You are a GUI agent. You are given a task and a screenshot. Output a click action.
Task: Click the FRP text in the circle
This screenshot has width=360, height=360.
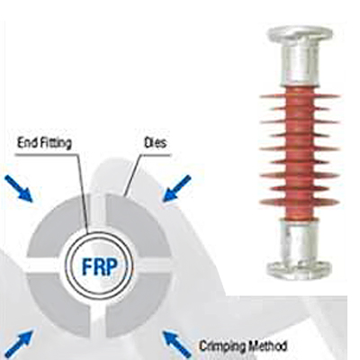(100, 265)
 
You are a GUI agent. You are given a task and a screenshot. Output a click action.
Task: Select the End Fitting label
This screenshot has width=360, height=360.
(44, 143)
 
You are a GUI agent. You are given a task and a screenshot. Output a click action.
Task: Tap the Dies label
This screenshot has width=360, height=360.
(155, 143)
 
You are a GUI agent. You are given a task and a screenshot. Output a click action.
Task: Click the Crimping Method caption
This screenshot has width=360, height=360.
(243, 346)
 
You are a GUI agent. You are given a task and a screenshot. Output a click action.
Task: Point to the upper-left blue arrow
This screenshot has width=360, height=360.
(18, 188)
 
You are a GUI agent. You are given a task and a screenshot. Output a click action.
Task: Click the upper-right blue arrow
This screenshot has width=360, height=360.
(177, 188)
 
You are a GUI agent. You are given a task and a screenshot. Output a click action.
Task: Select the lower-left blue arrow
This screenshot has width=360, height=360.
(20, 343)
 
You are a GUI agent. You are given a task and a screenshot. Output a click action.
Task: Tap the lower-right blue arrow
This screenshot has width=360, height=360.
(177, 345)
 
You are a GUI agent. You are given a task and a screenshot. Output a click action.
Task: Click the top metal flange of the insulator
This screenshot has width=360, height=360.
(300, 33)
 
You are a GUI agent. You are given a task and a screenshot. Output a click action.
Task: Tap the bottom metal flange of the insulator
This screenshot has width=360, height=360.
(300, 269)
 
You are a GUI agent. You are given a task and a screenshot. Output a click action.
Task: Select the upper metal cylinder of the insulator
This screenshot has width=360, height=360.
(300, 63)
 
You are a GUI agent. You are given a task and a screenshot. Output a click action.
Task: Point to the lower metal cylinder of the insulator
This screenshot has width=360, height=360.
(299, 240)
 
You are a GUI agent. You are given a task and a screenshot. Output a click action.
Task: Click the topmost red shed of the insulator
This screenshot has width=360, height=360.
(300, 96)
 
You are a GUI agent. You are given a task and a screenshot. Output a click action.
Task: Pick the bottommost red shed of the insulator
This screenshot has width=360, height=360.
(299, 202)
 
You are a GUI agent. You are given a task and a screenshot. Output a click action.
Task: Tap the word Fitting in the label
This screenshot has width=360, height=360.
(57, 143)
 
